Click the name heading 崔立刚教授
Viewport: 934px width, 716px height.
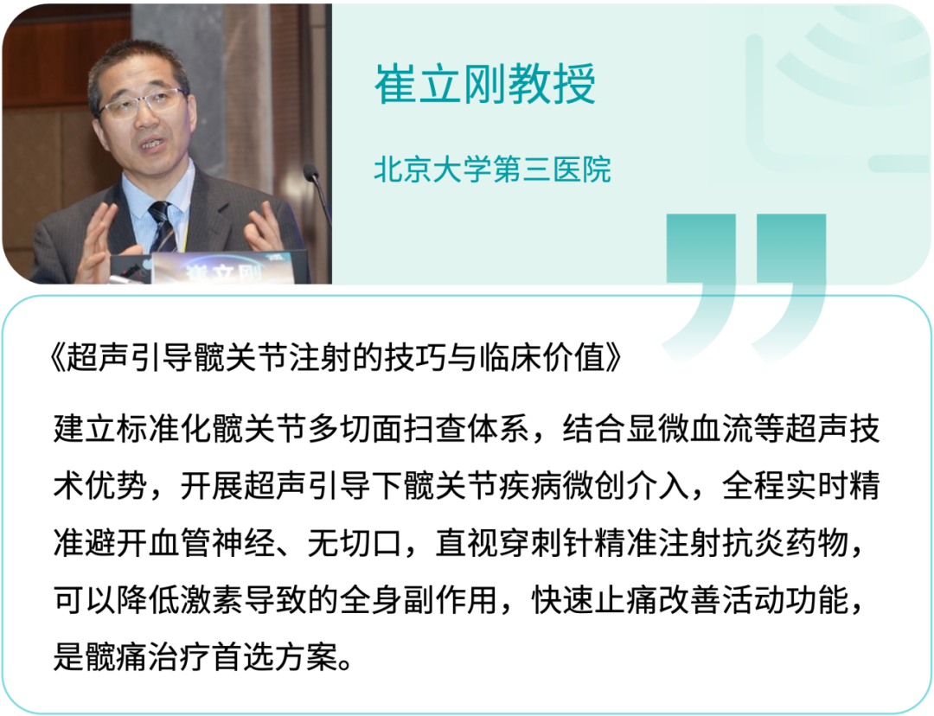[485, 85]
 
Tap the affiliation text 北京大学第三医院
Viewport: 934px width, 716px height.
[493, 169]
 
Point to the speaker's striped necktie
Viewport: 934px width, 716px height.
[162, 227]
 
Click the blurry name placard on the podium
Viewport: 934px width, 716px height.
[221, 267]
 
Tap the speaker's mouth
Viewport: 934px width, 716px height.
[152, 144]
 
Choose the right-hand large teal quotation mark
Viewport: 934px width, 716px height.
[790, 280]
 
